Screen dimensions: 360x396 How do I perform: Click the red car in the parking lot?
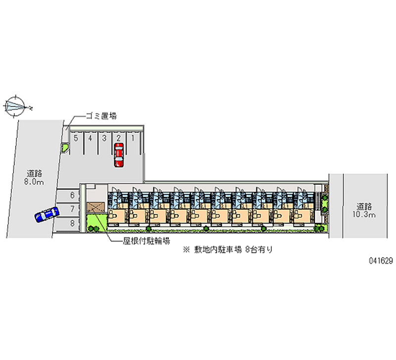[119, 155]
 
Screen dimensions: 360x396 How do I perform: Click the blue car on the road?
[47, 214]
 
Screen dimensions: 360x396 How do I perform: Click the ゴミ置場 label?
[102, 117]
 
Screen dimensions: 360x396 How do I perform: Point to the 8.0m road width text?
[34, 182]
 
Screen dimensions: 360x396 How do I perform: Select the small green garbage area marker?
[64, 147]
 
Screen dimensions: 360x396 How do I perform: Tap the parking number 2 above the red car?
[119, 138]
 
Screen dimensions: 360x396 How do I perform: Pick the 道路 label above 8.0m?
[34, 173]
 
